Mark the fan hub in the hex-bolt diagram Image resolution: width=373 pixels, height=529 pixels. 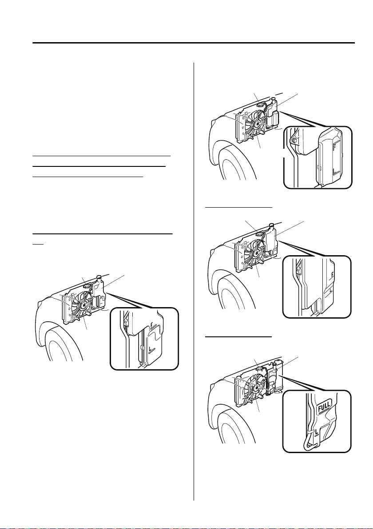257,124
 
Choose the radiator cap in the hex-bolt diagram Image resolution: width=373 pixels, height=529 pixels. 260,105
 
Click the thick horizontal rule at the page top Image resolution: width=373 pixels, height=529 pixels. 194,43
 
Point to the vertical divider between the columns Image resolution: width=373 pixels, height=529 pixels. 194,281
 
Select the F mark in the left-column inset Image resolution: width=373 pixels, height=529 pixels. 152,325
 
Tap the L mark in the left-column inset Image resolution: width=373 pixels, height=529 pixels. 150,347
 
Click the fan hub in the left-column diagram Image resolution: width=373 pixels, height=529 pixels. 83,305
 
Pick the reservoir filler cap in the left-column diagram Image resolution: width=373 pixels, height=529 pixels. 99,277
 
